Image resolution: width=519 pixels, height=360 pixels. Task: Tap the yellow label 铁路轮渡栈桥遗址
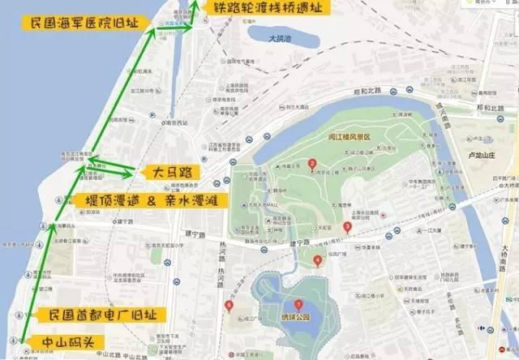[x=261, y=9]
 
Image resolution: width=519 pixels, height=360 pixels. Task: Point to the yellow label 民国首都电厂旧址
[x=104, y=314]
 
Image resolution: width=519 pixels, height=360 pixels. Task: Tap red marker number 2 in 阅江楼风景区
[x=312, y=165]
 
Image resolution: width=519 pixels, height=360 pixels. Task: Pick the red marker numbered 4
[x=316, y=260]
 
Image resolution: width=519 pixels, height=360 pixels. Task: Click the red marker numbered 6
[x=229, y=306]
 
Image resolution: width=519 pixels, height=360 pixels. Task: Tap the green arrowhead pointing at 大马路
[x=130, y=173]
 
